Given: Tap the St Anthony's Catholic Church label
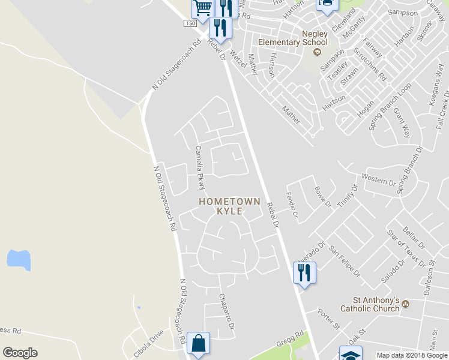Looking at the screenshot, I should pos(370,304).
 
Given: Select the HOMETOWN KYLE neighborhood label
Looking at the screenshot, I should pos(229,206).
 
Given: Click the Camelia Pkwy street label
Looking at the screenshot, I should pos(200,167).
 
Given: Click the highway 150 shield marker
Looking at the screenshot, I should pos(190,23).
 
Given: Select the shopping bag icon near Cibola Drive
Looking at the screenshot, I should pos(198,344).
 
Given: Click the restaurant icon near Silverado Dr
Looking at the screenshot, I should pos(304,273).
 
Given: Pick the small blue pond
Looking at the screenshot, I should pos(19,259).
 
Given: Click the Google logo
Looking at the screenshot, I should pos(20,353).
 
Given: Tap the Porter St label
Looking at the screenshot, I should pos(329,319).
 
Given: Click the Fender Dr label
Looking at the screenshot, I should pos(292,205).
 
